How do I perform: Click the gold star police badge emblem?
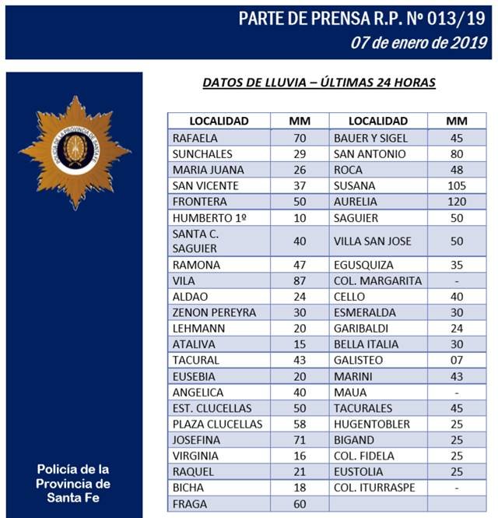coord(75,152)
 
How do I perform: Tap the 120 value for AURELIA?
coord(457,201)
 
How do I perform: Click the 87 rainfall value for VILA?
coord(299,280)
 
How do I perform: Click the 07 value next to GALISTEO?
coord(457,360)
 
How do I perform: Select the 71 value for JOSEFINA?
coord(299,439)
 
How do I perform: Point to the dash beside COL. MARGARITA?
coord(457,280)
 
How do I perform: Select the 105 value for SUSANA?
coord(457,185)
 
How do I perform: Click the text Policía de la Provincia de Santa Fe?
coord(73,483)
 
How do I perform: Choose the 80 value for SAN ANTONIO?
coord(457,153)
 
